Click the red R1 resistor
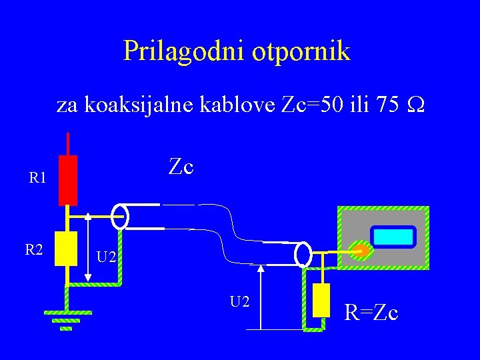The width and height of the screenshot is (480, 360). (x=67, y=180)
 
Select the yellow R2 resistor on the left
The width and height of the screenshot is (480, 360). (x=65, y=249)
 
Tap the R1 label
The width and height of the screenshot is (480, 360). (x=37, y=178)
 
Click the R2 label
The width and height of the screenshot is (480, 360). (x=35, y=250)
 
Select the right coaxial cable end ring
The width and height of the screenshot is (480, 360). (x=303, y=254)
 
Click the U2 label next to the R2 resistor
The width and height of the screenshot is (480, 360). (x=107, y=256)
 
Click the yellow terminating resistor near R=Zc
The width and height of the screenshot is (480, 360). (x=321, y=300)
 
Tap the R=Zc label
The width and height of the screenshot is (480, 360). (x=371, y=311)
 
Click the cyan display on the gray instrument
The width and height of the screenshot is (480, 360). (x=394, y=237)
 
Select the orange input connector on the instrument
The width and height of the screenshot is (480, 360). (x=359, y=251)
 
